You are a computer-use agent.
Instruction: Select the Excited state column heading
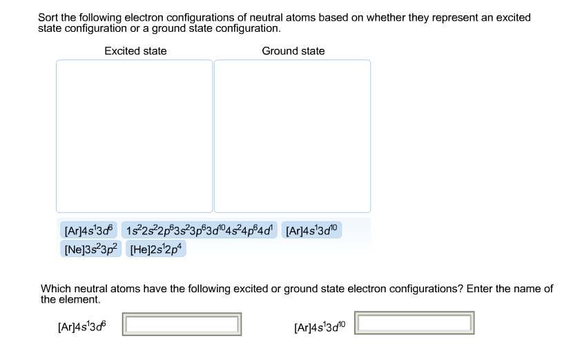pos(135,51)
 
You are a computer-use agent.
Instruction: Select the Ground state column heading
pos(293,51)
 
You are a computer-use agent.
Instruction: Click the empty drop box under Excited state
pos(135,136)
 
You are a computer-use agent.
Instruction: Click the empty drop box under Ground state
pos(292,136)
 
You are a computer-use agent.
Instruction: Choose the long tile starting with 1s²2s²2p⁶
pos(200,230)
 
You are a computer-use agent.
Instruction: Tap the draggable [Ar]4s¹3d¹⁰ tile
pos(313,230)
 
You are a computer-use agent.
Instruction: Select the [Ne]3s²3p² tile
pos(90,248)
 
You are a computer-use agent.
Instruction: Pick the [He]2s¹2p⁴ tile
pos(157,248)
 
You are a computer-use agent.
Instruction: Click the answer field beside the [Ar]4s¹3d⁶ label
pos(182,324)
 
